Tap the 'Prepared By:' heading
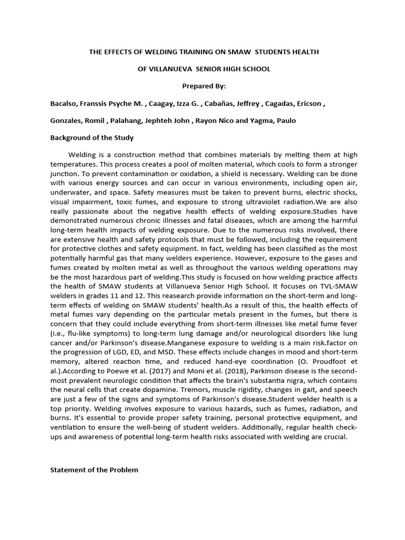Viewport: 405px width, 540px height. [x=202, y=86]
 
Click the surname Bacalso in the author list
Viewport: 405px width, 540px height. [x=64, y=103]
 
